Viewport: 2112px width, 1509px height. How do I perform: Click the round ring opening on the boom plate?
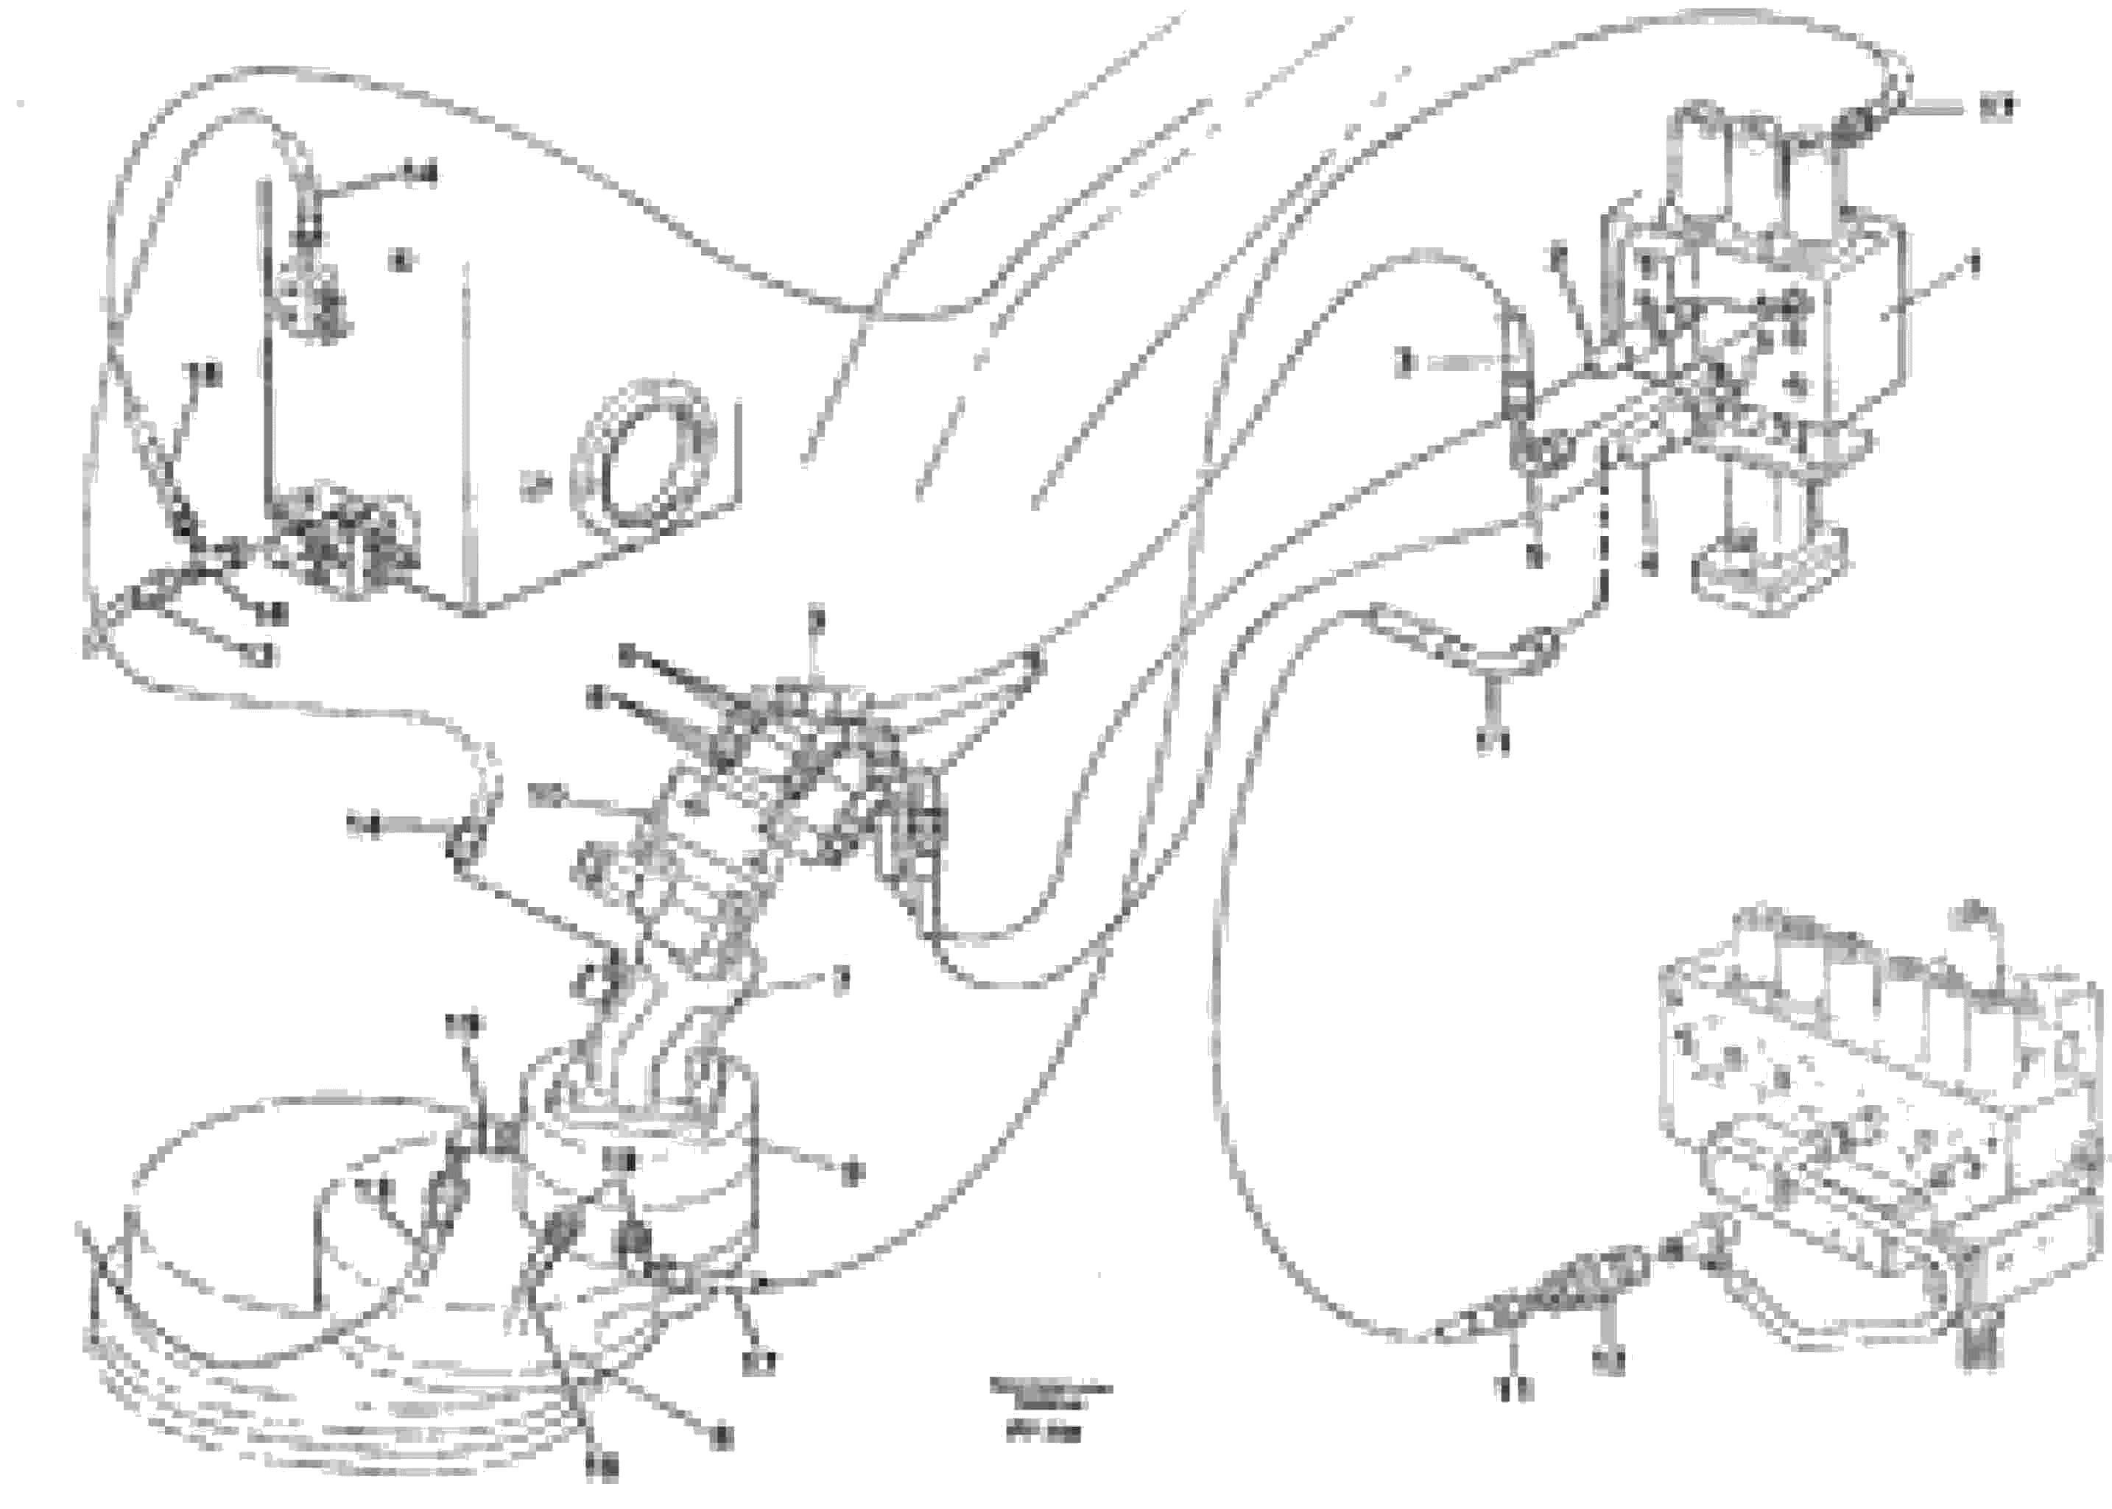644,464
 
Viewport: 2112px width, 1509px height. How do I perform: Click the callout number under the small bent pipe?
1493,741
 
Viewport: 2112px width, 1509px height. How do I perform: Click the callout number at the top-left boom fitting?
423,173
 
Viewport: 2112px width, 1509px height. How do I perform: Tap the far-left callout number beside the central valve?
364,825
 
